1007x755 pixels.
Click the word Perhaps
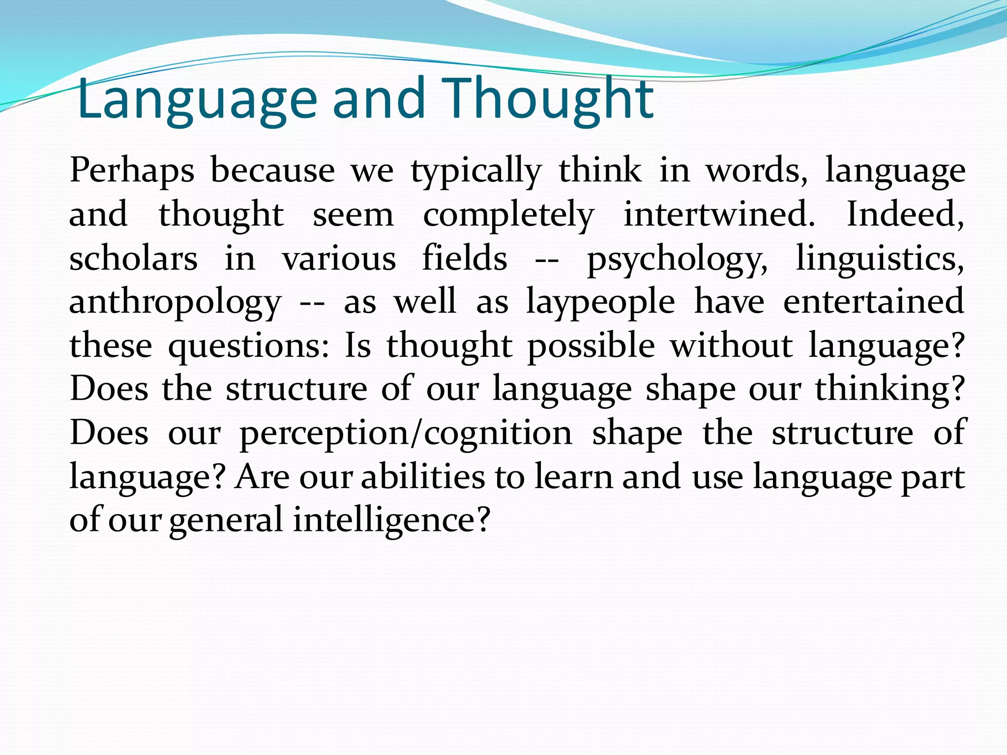pyautogui.click(x=132, y=171)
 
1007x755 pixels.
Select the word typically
pyautogui.click(x=475, y=171)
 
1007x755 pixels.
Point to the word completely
pyautogui.click(x=508, y=215)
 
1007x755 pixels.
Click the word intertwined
pyautogui.click(x=719, y=214)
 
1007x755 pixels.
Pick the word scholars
pyautogui.click(x=133, y=258)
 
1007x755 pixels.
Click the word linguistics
pyautogui.click(x=879, y=259)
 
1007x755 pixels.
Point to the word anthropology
pyautogui.click(x=175, y=302)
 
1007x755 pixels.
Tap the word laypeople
pyautogui.click(x=600, y=302)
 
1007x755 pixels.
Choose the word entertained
pyautogui.click(x=873, y=301)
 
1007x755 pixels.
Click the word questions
pyautogui.click(x=248, y=346)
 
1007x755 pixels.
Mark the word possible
pyautogui.click(x=591, y=346)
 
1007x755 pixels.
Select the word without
pyautogui.click(x=732, y=345)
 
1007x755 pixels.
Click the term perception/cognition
pyautogui.click(x=406, y=434)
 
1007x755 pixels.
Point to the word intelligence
pyautogui.click(x=391, y=520)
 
